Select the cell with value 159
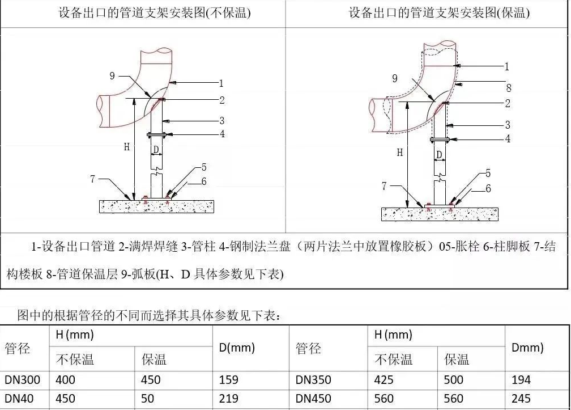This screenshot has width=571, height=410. [228, 380]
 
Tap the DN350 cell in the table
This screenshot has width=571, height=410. [313, 380]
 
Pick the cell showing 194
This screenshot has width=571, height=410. [521, 380]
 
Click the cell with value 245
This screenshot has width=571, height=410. [521, 399]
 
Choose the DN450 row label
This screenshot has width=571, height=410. [313, 399]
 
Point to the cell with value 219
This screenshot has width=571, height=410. [228, 399]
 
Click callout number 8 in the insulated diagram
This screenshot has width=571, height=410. [508, 88]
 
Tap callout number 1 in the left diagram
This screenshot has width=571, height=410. [222, 83]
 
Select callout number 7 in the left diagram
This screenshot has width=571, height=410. [92, 179]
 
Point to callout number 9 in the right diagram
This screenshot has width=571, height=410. [395, 79]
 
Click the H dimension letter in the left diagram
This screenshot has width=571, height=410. [127, 147]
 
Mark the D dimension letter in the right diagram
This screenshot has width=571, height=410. [438, 154]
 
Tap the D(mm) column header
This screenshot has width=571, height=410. [237, 348]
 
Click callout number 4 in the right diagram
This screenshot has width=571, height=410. [508, 138]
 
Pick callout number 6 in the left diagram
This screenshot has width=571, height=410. [203, 181]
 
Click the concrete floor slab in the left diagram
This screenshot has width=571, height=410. [156, 206]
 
